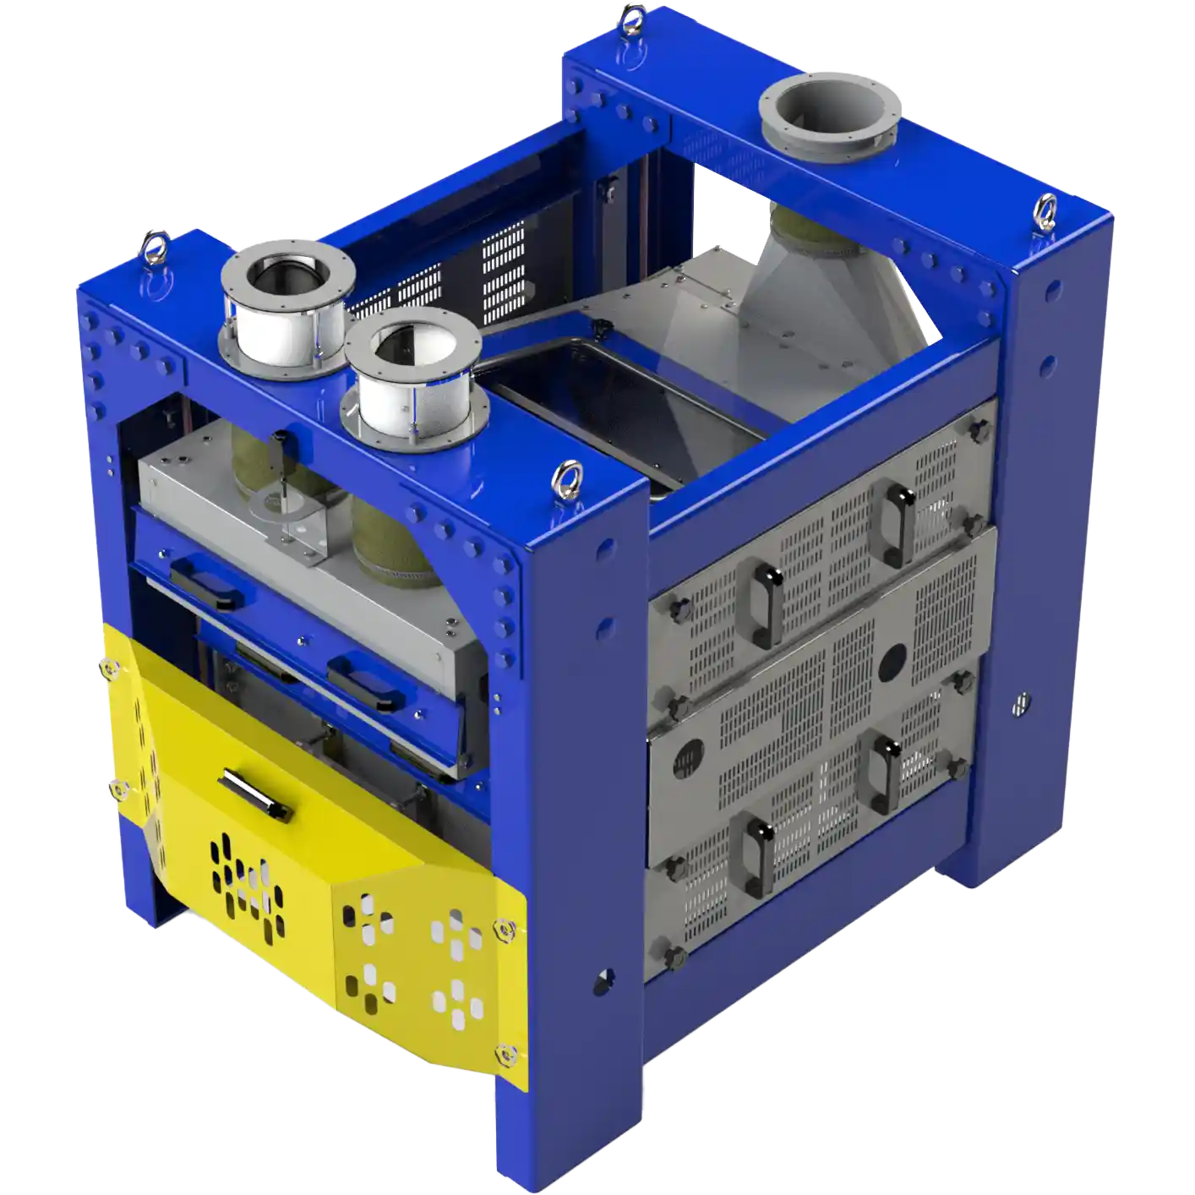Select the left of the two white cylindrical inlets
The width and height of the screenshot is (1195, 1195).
point(285,312)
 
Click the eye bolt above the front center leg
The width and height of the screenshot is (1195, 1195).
point(562,481)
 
